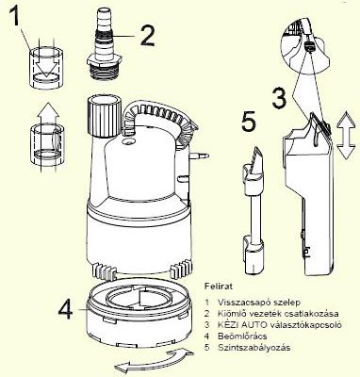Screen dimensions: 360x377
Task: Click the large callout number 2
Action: pyautogui.click(x=148, y=36)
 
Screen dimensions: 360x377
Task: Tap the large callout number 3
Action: pyautogui.click(x=280, y=98)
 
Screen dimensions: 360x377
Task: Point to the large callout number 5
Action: pyautogui.click(x=249, y=122)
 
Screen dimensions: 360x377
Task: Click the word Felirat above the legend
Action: pyautogui.click(x=219, y=287)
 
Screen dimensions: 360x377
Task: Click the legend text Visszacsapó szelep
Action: pyautogui.click(x=259, y=303)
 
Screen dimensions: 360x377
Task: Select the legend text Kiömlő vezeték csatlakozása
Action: pyautogui.click(x=278, y=314)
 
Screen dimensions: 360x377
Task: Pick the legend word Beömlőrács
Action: pyautogui.click(x=242, y=336)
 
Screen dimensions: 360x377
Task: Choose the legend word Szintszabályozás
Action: pyautogui.click(x=254, y=348)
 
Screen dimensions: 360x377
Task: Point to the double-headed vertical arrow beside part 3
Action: pyautogui.click(x=345, y=136)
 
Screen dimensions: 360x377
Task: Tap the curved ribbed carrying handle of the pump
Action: pyautogui.click(x=158, y=121)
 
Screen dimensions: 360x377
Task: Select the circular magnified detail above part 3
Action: pyautogui.click(x=304, y=44)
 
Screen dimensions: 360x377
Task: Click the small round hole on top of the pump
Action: pyautogui.click(x=128, y=142)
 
